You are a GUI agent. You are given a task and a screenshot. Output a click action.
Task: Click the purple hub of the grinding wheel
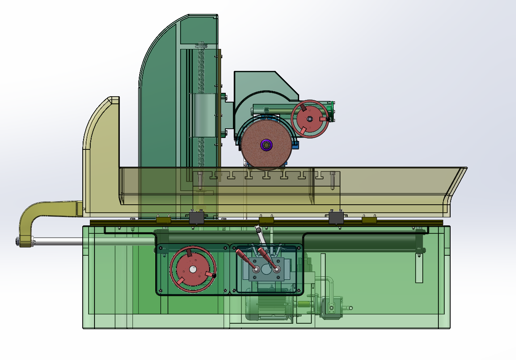[x=266, y=145]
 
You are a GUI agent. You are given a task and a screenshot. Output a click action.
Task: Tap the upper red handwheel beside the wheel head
[x=311, y=119]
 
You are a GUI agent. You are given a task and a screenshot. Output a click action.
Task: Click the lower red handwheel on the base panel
[x=193, y=269]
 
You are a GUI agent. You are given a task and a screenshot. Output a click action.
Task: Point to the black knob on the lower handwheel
[x=214, y=276]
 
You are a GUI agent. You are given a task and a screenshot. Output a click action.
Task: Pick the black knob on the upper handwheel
[x=328, y=119]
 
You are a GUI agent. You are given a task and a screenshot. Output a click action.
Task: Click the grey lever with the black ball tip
[x=259, y=234]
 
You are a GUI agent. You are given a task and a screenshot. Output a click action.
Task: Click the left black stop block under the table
[x=197, y=217]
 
